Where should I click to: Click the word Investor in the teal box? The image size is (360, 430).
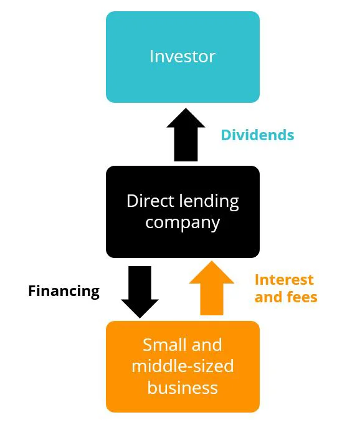(x=182, y=57)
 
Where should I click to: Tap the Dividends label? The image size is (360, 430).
(x=257, y=135)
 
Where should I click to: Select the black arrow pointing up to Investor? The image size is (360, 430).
(x=186, y=135)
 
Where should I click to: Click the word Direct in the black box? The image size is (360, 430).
(x=150, y=201)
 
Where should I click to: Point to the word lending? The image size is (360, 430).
(x=209, y=203)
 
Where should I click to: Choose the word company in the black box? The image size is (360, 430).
(x=182, y=223)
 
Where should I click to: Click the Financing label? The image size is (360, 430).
(x=64, y=291)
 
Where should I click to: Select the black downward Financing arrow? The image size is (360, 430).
(x=140, y=292)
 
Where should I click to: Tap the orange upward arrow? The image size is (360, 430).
(x=212, y=288)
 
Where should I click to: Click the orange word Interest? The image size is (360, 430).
(x=284, y=280)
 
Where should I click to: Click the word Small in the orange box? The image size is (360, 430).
(x=164, y=345)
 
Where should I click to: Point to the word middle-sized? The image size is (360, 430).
(x=182, y=366)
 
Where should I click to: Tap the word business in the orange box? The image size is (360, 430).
(x=182, y=388)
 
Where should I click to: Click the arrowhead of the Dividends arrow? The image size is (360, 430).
(x=186, y=118)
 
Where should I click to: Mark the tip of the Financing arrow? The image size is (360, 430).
(x=140, y=318)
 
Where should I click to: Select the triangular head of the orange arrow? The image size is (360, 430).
(x=212, y=272)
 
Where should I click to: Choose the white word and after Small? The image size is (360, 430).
(x=207, y=345)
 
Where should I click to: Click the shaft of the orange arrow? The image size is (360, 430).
(x=212, y=300)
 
